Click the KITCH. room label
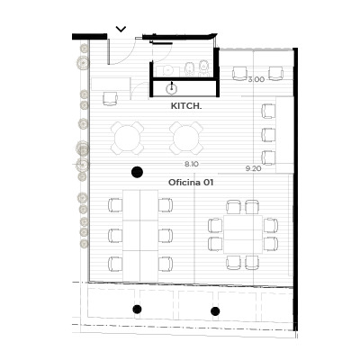pos(186,106)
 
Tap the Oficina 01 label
pos(191,183)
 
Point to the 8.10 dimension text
pos(192,164)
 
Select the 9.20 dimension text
pos(254,168)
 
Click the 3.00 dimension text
pos(256,79)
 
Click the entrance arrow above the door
pos(121,29)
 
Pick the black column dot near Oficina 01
pos(137,172)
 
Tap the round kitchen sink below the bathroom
pos(171,89)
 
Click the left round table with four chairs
pos(127,139)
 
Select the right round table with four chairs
pos(186,139)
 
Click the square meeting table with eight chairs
pos(243,235)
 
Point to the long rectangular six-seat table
pos(140,236)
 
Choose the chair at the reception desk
pos(111,99)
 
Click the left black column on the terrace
pos(137,309)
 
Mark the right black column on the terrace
pos(215,311)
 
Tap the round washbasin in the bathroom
pos(167,70)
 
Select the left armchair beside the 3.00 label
pos(239,74)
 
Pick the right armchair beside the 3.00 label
pos(276,74)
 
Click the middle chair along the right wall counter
pos(268,135)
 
